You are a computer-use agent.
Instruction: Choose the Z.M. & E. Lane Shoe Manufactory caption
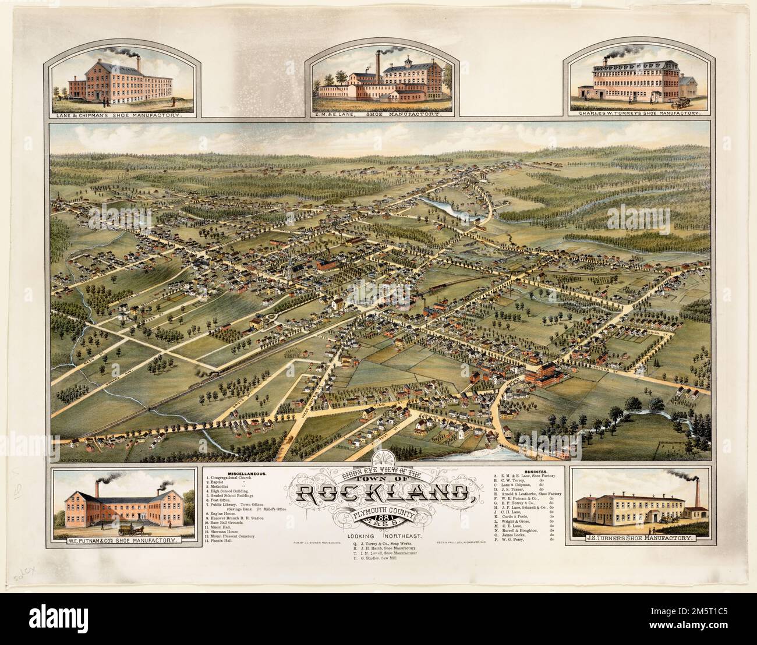(378, 115)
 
